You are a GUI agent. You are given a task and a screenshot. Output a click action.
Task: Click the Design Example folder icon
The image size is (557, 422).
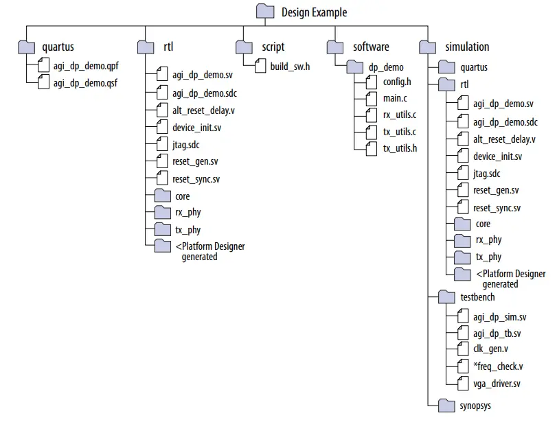265,12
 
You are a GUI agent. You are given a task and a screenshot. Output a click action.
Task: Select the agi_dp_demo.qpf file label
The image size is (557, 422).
85,67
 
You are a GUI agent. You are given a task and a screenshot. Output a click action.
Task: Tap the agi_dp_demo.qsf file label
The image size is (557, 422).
84,84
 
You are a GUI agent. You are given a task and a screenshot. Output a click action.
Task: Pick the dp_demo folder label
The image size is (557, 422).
387,67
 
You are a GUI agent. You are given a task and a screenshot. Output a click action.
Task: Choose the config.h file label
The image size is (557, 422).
397,82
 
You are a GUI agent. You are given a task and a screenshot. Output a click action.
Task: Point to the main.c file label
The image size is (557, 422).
396,98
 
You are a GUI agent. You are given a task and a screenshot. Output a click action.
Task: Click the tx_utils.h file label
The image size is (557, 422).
400,148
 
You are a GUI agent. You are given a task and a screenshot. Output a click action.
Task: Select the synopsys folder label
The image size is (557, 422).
475,406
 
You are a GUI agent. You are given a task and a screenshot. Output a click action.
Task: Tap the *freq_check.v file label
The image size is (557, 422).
498,366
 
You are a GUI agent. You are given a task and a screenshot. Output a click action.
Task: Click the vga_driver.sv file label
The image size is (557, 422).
497,383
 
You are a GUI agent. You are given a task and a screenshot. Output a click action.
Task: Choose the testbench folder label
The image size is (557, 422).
477,297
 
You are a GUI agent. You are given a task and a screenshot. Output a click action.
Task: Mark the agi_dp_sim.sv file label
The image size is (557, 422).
500,317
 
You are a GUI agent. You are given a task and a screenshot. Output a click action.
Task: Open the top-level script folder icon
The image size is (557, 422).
245,47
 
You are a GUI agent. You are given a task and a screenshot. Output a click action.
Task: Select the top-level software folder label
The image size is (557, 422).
371,47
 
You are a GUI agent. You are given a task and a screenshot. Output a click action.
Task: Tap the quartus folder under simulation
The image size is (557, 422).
474,67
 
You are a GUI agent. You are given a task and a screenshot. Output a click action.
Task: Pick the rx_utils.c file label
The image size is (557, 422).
400,115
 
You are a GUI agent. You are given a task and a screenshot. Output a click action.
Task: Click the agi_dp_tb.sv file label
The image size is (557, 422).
497,333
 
